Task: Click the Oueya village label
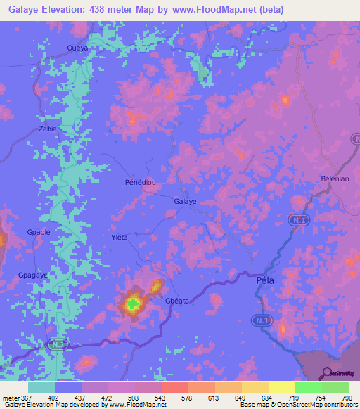pyautogui.click(x=77, y=48)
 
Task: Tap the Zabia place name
pyautogui.click(x=48, y=129)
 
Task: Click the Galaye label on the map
pyautogui.click(x=185, y=201)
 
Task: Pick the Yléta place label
pyautogui.click(x=120, y=237)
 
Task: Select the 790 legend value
pyautogui.click(x=346, y=398)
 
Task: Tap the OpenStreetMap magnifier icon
pyautogui.click(x=327, y=372)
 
